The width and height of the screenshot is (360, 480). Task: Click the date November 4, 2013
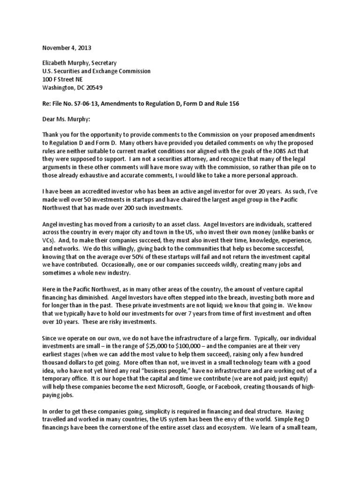[x=67, y=48]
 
